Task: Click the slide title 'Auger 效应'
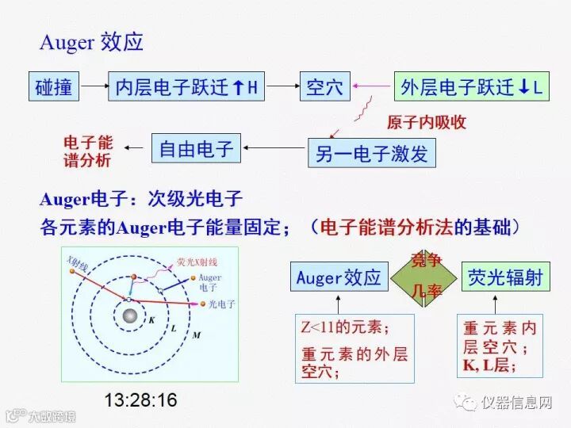(x=91, y=42)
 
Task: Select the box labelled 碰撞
(x=54, y=87)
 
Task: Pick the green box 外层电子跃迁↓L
(x=471, y=87)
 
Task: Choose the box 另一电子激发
(x=371, y=153)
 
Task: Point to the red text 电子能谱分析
(x=88, y=151)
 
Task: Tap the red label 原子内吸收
(x=426, y=122)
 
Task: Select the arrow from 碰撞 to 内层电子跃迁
(x=95, y=87)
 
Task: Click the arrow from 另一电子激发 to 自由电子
(x=274, y=149)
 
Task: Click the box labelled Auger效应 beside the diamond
(x=339, y=277)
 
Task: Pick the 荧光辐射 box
(x=505, y=277)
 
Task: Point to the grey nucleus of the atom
(x=128, y=318)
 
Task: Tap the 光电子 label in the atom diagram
(x=221, y=304)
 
